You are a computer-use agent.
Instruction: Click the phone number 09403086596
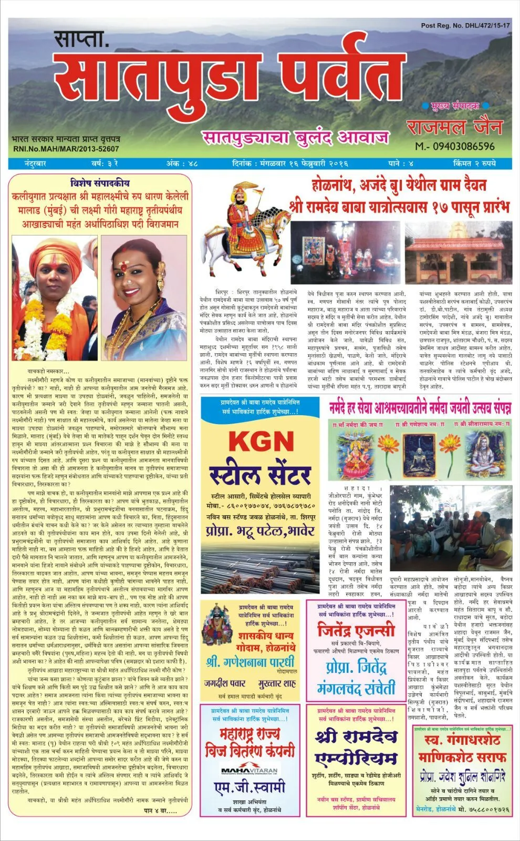click(454, 146)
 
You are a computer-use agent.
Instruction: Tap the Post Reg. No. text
click(465, 25)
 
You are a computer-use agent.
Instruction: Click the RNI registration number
click(66, 149)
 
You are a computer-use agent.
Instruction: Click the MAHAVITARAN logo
click(249, 770)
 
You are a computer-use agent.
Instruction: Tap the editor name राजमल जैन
click(454, 126)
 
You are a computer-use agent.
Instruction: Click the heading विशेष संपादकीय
click(99, 183)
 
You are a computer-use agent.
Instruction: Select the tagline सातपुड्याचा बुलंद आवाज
click(296, 138)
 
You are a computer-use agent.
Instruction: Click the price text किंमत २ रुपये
click(474, 163)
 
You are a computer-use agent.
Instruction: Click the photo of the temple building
click(457, 252)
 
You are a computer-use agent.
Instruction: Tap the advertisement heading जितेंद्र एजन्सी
click(356, 629)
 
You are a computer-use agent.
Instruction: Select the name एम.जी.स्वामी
click(249, 787)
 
